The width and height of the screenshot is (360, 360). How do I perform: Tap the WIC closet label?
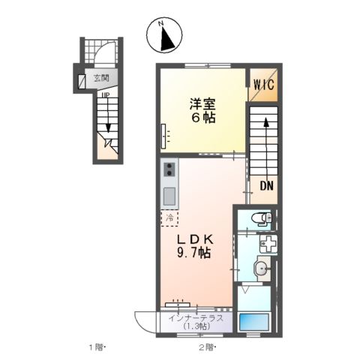coord(264,85)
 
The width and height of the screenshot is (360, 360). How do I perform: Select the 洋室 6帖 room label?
coord(202,111)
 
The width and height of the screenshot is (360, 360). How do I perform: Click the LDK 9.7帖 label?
coord(195,247)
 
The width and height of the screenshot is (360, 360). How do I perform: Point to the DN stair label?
coord(266,186)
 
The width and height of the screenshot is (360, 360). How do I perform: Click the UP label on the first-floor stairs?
coord(106,94)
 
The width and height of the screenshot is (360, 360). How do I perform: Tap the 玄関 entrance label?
coord(101,78)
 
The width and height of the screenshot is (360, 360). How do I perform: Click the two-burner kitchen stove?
coord(169,169)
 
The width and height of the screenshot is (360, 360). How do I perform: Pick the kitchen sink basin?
coord(169,196)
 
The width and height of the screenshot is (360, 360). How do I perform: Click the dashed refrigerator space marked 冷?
coord(169,218)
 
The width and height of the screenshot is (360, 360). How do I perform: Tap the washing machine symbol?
coord(268,244)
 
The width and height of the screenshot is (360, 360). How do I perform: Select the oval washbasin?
coord(262,269)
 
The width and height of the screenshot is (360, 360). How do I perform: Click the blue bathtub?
coord(253,322)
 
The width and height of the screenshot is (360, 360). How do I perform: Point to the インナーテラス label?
coord(196,319)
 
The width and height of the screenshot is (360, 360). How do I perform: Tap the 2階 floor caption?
coord(207,347)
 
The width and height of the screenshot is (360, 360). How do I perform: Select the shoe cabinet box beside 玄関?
coord(81,82)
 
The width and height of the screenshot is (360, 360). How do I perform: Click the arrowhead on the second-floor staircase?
coord(266,123)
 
